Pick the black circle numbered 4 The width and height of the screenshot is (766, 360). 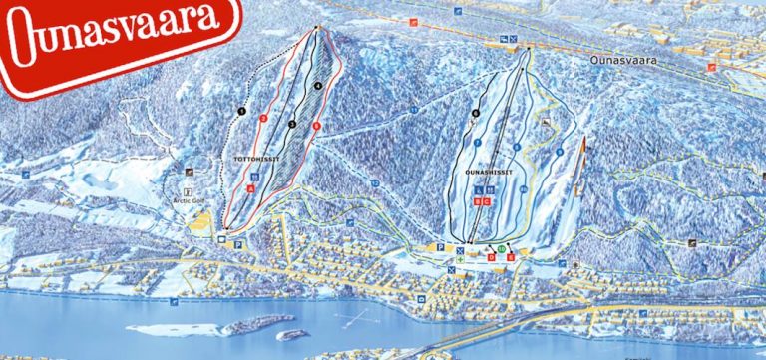(x=318, y=87)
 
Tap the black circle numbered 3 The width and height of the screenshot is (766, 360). (x=292, y=124)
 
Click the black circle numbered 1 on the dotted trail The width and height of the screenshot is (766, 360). (x=241, y=110)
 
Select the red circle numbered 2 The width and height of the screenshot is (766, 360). (x=263, y=118)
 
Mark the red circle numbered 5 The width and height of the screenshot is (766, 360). (x=316, y=126)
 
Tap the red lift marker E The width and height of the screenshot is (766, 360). (x=511, y=256)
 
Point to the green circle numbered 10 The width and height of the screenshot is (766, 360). (x=501, y=248)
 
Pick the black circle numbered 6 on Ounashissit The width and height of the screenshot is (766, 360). (x=476, y=113)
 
